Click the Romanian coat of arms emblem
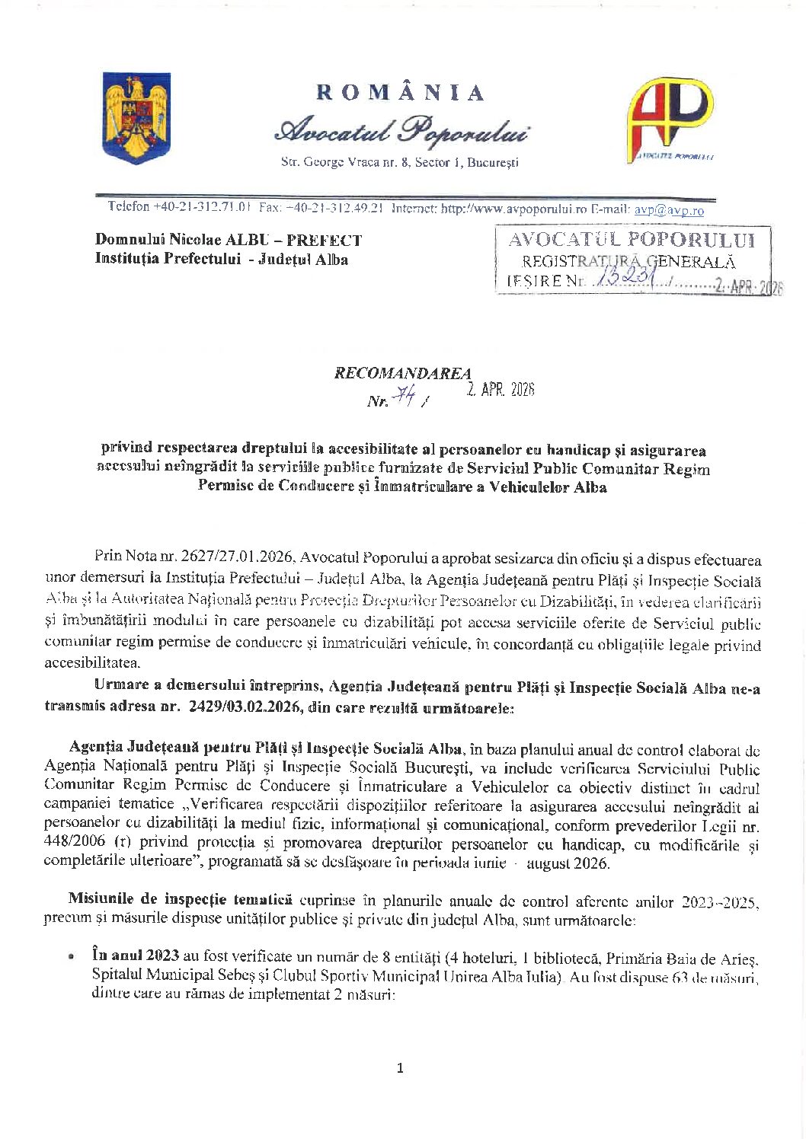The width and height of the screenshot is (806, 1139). (x=136, y=118)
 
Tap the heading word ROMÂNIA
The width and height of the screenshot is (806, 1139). (x=401, y=94)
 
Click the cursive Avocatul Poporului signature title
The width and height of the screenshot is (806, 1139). (x=401, y=130)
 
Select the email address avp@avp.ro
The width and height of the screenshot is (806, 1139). (x=669, y=210)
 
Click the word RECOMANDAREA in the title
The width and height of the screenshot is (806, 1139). (x=402, y=374)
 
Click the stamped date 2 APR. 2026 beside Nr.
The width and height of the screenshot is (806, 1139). (x=501, y=390)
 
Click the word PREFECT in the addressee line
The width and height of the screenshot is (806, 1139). (x=325, y=241)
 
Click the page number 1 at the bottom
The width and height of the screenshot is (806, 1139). (x=401, y=1068)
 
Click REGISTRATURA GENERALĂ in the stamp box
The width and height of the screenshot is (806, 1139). (x=628, y=262)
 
